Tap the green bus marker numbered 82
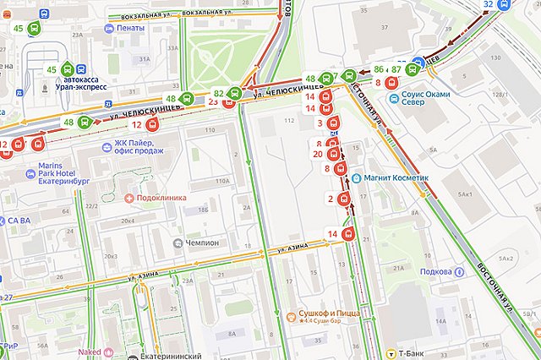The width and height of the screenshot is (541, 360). click(235, 93)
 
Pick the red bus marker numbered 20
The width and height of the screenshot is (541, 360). click(333, 155)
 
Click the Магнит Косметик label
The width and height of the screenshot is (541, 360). click(390, 178)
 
